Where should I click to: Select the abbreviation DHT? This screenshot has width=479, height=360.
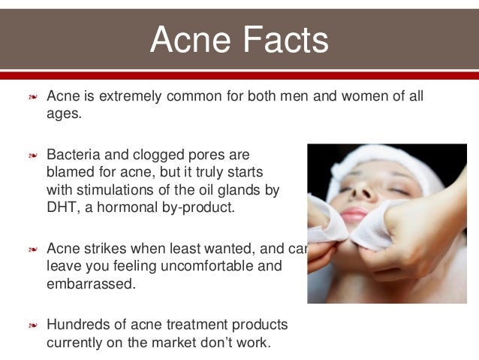(x=62, y=207)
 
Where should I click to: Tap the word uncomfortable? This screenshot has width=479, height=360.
(x=214, y=265)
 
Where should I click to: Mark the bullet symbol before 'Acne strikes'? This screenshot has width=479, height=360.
(x=32, y=249)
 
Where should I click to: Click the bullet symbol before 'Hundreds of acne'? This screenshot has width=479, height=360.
(x=32, y=325)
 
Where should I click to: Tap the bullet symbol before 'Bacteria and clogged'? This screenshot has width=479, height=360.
(x=32, y=156)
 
